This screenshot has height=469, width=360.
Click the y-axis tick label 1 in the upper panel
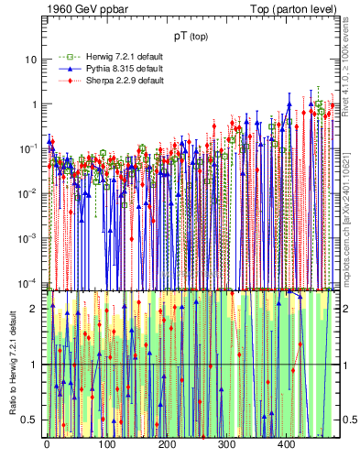tap(34, 104)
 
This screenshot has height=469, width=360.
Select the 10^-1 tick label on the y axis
tap(28, 147)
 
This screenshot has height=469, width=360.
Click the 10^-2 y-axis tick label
tap(28, 192)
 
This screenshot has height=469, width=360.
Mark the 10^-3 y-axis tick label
tap(28, 236)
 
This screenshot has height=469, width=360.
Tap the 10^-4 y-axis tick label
tap(28, 281)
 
